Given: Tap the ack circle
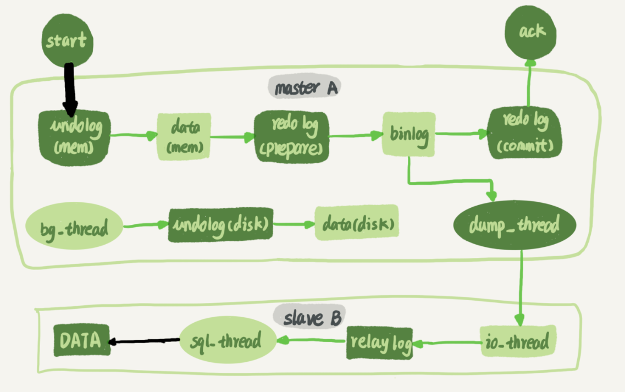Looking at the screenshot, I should (531, 32).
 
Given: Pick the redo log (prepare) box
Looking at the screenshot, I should (291, 136).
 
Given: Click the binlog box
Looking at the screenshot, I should (408, 134).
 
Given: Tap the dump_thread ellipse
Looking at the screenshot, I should (514, 225).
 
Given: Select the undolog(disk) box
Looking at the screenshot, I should (220, 224).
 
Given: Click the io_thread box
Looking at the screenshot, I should (518, 342).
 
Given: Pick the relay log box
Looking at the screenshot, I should (379, 344).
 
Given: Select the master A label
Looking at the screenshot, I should (303, 87).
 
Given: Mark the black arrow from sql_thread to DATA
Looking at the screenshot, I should (145, 341).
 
